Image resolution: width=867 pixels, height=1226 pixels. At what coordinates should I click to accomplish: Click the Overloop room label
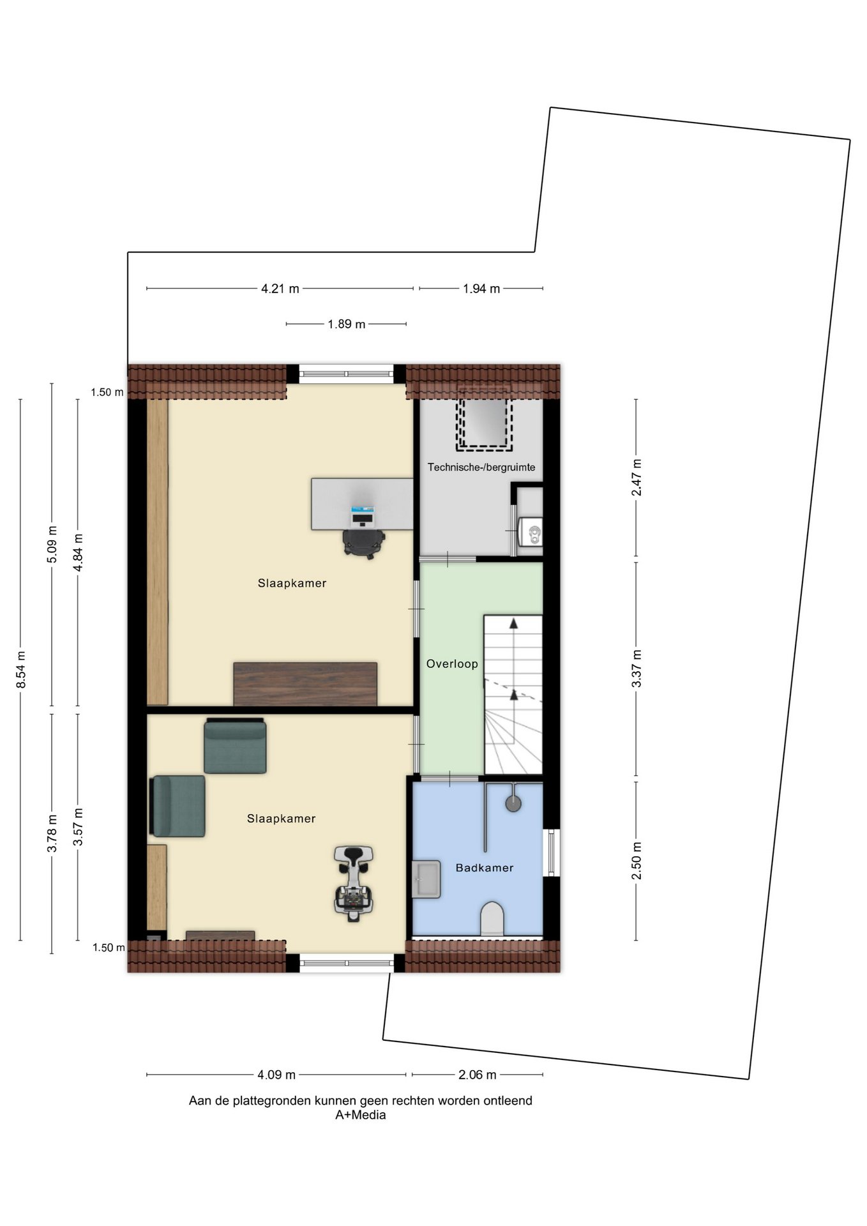pos(452,664)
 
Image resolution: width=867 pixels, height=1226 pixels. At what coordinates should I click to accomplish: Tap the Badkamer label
pos(485,868)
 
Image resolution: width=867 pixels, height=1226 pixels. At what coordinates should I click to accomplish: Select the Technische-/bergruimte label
pos(481,467)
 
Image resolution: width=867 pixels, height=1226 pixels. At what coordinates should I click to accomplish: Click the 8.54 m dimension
pos(20,670)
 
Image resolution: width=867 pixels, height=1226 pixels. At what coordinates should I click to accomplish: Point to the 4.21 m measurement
pos(280,289)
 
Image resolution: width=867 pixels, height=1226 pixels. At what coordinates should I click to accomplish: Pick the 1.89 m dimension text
pos(347,324)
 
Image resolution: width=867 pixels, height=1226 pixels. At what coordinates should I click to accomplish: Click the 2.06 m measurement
pos(478,1075)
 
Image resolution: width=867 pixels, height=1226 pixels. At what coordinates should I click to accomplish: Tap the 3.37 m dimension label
pos(636,669)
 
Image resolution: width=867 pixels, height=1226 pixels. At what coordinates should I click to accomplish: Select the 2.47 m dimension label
pos(636,477)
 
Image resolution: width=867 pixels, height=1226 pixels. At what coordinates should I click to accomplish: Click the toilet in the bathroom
pos(492,918)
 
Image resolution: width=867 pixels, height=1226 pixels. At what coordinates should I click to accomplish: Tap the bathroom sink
pos(426,879)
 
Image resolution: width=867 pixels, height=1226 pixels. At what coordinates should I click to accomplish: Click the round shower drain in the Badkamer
pos(513,803)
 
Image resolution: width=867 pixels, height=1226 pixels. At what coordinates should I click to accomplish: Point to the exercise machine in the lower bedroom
pos(353,883)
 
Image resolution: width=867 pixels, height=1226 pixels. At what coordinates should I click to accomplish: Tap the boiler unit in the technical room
pos(531,531)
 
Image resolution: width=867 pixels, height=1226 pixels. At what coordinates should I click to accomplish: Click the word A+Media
pos(361,1115)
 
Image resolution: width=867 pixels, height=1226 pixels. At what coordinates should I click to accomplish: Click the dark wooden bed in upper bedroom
pos(305,684)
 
